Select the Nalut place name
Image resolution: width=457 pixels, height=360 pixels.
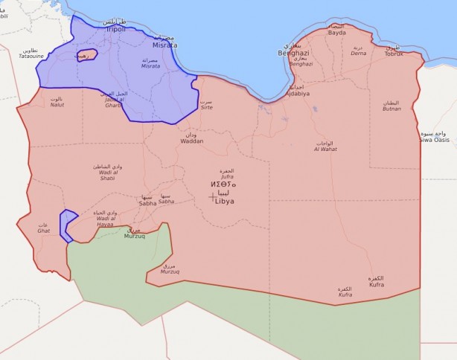pyautogui.click(x=57, y=105)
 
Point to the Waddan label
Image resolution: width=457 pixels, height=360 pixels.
pyautogui.click(x=191, y=141)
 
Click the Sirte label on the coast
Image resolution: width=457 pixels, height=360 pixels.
pyautogui.click(x=207, y=107)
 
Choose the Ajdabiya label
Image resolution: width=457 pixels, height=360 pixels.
pyautogui.click(x=297, y=94)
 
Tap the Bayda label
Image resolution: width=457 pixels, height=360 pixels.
pyautogui.click(x=337, y=33)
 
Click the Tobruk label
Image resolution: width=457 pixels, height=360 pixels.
pyautogui.click(x=393, y=54)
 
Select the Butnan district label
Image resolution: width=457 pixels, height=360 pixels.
pyautogui.click(x=392, y=109)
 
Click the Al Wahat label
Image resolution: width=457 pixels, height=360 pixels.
pyautogui.click(x=325, y=149)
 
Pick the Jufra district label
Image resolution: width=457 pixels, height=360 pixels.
pyautogui.click(x=228, y=177)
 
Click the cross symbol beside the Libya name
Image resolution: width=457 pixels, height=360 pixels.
pyautogui.click(x=213, y=196)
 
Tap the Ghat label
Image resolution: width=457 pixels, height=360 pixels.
pyautogui.click(x=44, y=231)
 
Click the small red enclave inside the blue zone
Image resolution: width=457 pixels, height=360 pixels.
pyautogui.click(x=86, y=57)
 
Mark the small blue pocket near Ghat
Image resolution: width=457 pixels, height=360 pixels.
pyautogui.click(x=68, y=225)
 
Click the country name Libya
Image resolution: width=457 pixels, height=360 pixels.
pyautogui.click(x=225, y=201)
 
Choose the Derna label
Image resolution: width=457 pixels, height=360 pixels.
pyautogui.click(x=359, y=54)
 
